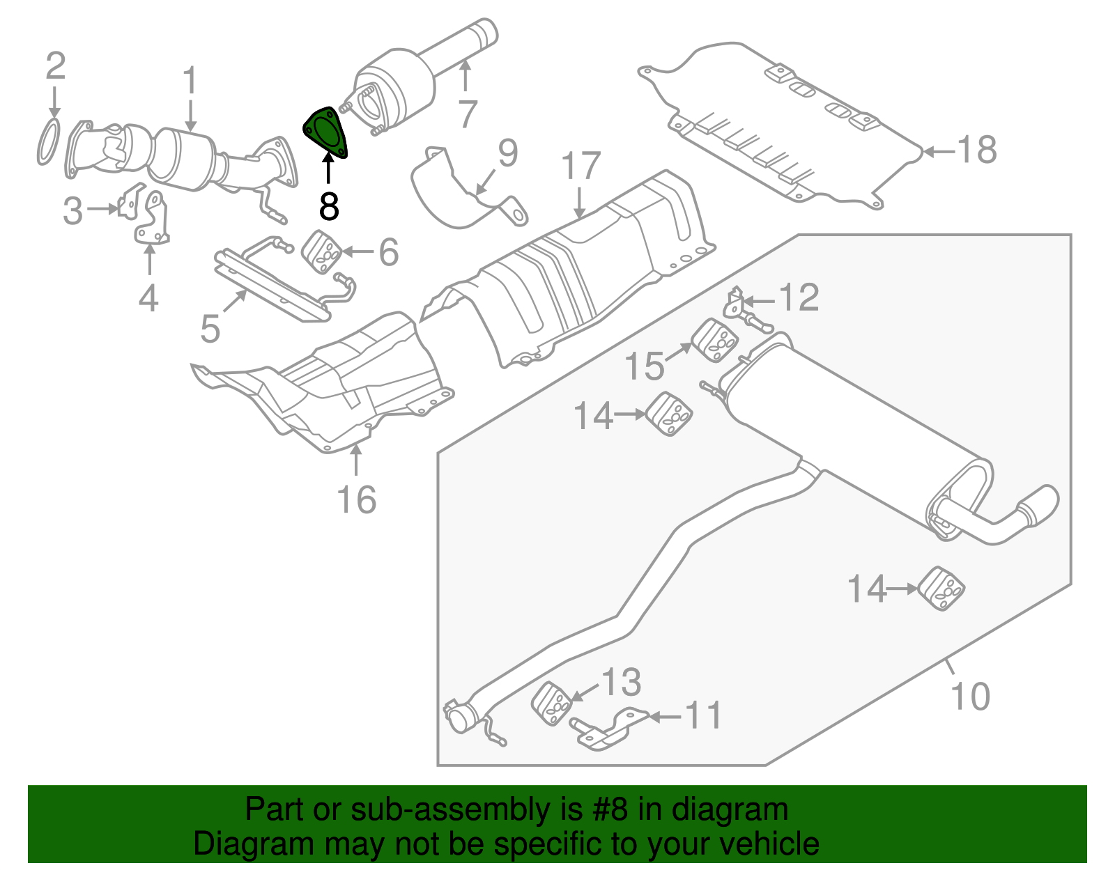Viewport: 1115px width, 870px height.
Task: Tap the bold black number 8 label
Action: point(329,206)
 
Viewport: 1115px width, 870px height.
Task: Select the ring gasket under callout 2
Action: point(47,142)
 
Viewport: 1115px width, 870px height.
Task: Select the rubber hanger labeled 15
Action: point(715,341)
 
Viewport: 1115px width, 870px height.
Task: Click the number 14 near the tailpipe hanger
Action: point(866,589)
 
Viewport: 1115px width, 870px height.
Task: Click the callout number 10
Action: point(969,696)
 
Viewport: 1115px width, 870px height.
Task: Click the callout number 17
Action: point(580,166)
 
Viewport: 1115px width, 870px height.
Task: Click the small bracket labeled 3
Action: point(128,205)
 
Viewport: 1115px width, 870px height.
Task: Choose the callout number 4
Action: point(148,299)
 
